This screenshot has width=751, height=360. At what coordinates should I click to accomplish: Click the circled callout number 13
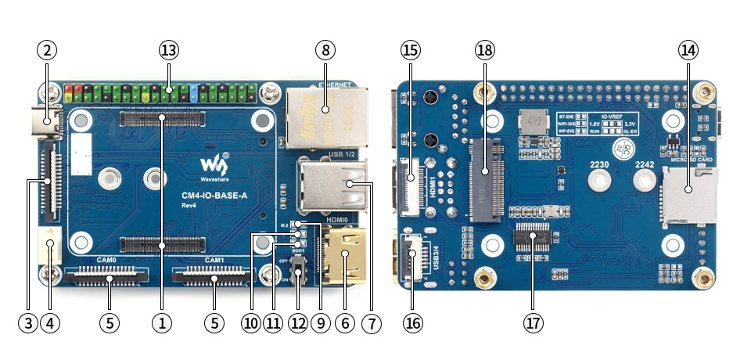168,50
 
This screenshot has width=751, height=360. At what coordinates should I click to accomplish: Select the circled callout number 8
325,50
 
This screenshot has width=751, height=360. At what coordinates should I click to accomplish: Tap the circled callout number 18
484,50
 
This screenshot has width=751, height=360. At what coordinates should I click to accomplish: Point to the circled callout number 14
688,50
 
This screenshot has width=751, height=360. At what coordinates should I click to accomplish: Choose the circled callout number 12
298,322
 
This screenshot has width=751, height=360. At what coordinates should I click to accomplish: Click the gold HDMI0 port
344,257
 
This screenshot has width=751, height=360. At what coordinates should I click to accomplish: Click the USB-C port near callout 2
52,123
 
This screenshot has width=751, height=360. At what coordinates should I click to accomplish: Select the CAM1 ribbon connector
214,275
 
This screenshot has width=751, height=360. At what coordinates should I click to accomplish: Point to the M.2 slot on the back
483,178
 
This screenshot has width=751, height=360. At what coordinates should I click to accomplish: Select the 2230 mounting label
598,166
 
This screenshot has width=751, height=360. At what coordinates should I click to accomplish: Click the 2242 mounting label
644,166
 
